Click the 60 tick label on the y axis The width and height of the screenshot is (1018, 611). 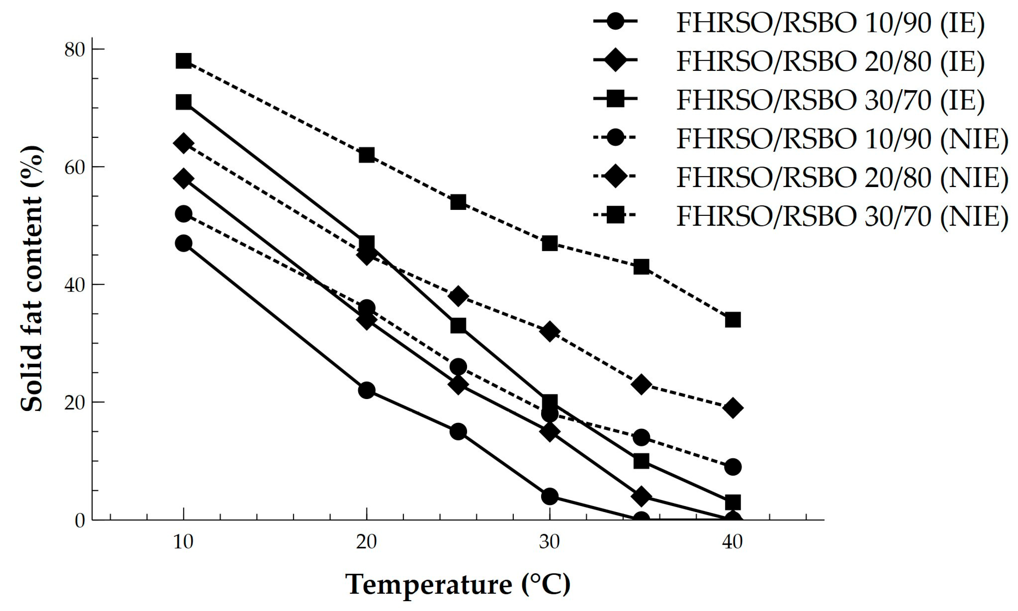pos(74,167)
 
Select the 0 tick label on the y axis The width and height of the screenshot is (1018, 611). pos(79,520)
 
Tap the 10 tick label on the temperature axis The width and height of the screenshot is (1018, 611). pos(183,542)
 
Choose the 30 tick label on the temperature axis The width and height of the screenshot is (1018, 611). pos(550,542)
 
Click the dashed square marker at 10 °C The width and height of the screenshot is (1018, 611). pos(183,61)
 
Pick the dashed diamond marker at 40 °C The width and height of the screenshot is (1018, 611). pos(733,408)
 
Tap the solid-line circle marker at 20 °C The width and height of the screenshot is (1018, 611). pos(367,390)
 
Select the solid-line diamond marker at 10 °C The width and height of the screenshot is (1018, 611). pos(183,178)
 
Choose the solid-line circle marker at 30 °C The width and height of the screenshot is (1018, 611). pos(550,497)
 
